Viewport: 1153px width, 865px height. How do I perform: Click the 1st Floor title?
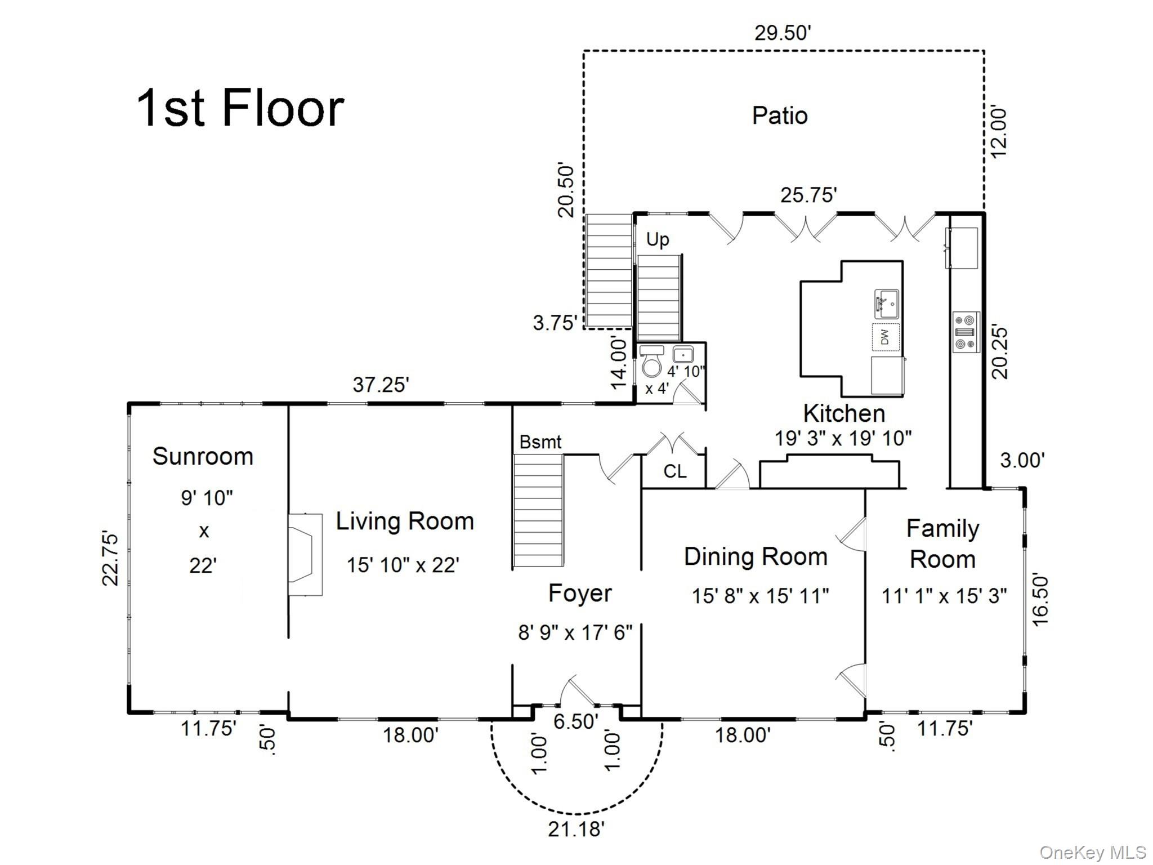click(240, 108)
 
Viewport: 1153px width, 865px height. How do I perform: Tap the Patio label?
click(779, 115)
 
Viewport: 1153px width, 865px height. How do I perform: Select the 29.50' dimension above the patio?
click(782, 33)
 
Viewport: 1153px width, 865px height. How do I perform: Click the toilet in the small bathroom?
click(652, 363)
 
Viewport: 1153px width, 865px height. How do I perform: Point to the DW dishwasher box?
click(885, 337)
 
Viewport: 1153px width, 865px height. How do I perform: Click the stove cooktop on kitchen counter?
click(966, 332)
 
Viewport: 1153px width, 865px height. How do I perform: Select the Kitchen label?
click(843, 413)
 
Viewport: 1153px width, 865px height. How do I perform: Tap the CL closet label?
click(674, 471)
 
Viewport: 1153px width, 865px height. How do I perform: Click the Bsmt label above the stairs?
click(540, 442)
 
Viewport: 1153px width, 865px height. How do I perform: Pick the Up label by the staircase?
click(657, 239)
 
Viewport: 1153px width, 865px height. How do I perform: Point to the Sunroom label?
click(203, 456)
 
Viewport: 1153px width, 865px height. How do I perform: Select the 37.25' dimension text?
click(381, 385)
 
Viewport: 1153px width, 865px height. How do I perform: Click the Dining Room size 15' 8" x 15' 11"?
click(759, 595)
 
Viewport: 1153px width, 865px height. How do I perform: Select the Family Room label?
click(942, 544)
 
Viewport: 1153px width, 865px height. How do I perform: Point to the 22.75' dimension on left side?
click(110, 558)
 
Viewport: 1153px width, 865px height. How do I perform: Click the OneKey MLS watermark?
click(1092, 852)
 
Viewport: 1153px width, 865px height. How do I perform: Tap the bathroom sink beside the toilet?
click(683, 355)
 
